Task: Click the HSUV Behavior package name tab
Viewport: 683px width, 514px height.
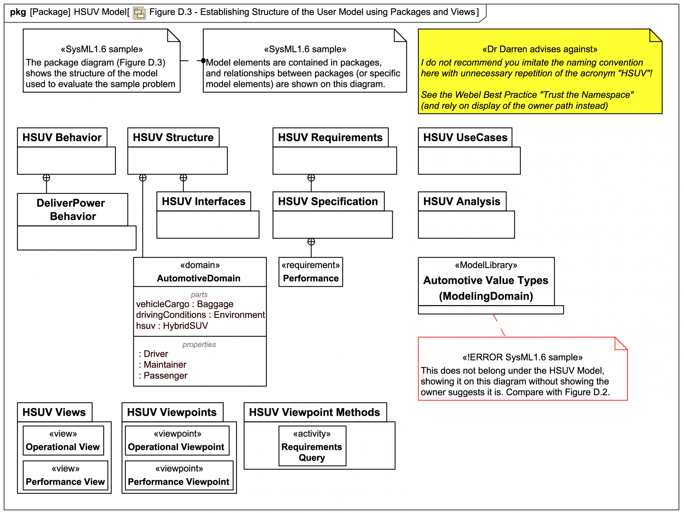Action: tap(62, 137)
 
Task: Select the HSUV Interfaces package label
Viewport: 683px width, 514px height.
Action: tap(203, 201)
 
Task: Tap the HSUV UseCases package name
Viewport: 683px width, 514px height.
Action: tap(465, 137)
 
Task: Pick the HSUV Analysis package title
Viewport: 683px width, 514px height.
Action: tap(462, 201)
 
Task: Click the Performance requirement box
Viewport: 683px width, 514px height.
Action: tap(311, 272)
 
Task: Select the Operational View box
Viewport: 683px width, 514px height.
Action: tap(63, 441)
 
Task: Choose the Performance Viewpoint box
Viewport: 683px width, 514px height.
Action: tap(179, 476)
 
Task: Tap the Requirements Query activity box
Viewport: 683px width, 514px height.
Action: tap(312, 446)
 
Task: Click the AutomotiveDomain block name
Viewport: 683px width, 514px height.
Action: tap(198, 278)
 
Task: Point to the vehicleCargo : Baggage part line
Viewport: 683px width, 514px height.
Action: tap(185, 304)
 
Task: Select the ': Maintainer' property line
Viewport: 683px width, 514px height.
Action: tap(163, 364)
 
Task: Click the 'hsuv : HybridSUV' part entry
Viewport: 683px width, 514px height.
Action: tap(172, 326)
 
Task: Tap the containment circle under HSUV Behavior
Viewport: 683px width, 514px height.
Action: tap(46, 178)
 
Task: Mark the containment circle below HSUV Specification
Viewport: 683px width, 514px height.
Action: tap(311, 242)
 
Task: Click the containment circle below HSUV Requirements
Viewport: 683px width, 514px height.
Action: tap(311, 178)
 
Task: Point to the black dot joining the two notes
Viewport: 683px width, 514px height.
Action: tap(203, 61)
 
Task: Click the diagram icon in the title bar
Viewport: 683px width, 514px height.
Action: tap(139, 13)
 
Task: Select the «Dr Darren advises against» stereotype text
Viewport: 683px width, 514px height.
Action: tap(540, 49)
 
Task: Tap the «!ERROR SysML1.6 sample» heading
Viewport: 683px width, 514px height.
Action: tap(522, 357)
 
